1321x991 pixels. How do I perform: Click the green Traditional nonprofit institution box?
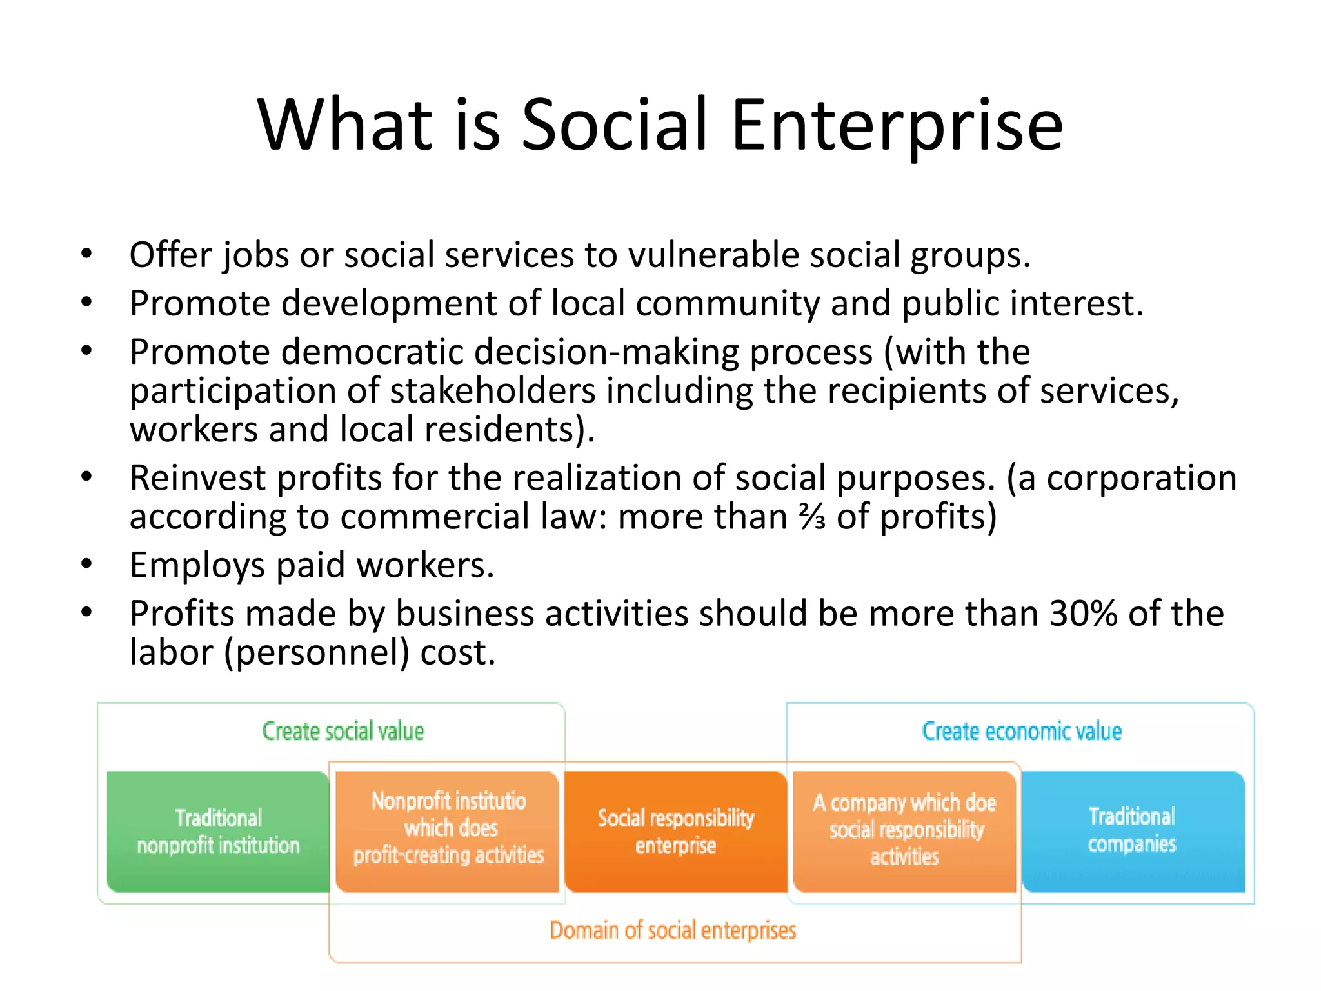(x=218, y=832)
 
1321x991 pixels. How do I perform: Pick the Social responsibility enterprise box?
(x=675, y=832)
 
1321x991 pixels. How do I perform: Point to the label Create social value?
(x=343, y=732)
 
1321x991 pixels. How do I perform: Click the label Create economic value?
(x=1022, y=732)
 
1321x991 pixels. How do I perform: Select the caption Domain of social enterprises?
(x=673, y=931)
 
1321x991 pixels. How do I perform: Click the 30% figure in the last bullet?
(x=1083, y=613)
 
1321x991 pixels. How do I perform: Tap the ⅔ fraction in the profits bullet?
(x=812, y=517)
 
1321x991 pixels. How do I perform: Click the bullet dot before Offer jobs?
(x=87, y=254)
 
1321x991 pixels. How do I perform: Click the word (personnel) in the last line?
(x=317, y=653)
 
